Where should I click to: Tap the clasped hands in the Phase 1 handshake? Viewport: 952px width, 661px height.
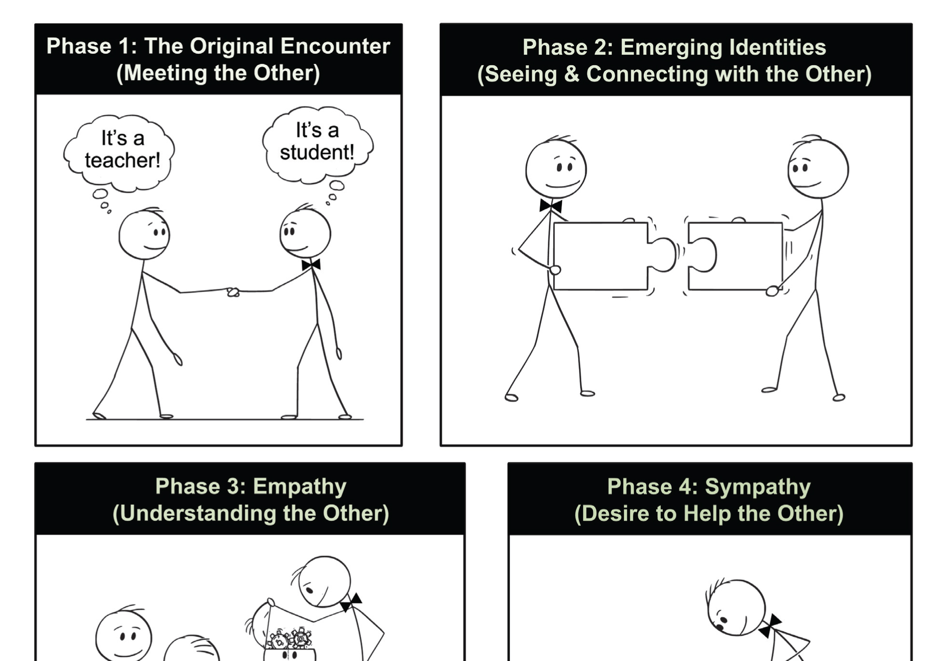(x=233, y=292)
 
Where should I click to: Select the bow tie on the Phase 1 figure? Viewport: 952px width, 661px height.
(x=311, y=265)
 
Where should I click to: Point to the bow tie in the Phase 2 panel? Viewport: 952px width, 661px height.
(x=551, y=206)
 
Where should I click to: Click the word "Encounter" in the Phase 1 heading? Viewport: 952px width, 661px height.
(x=335, y=47)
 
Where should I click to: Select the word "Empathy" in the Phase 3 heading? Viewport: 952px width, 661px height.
(x=300, y=487)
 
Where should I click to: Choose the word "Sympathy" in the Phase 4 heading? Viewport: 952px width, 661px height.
(x=758, y=487)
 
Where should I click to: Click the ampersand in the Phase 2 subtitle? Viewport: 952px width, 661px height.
(x=572, y=74)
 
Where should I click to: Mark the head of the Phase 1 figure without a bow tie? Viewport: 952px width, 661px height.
(x=144, y=234)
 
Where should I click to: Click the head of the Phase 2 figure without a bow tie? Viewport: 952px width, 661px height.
(x=818, y=168)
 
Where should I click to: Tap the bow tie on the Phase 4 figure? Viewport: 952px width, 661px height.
(x=770, y=625)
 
